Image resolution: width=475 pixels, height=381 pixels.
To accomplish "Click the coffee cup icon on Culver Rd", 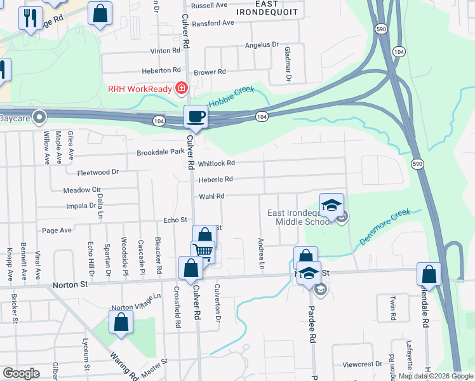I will (196, 116).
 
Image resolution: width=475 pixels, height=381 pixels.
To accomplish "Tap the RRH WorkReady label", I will (140, 88).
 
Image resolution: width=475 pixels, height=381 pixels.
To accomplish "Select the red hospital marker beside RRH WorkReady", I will (182, 88).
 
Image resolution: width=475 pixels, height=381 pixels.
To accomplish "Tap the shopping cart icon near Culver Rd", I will (203, 250).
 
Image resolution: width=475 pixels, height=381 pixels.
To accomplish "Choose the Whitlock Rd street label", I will (216, 163).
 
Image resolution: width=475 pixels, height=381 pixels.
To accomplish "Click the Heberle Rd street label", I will (215, 180).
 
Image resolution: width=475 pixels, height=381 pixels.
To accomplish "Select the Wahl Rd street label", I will (211, 196).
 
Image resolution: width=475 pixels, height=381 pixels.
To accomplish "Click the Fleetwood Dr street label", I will (98, 172).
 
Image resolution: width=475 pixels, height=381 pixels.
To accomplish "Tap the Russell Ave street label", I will (209, 5).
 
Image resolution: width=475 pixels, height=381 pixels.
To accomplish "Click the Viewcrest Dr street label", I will (362, 364).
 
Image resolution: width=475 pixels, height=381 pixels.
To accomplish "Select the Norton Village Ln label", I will (137, 302).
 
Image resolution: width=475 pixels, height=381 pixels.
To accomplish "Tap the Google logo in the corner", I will (21, 373).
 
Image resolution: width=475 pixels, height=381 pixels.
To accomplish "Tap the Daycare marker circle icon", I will (39, 117).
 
